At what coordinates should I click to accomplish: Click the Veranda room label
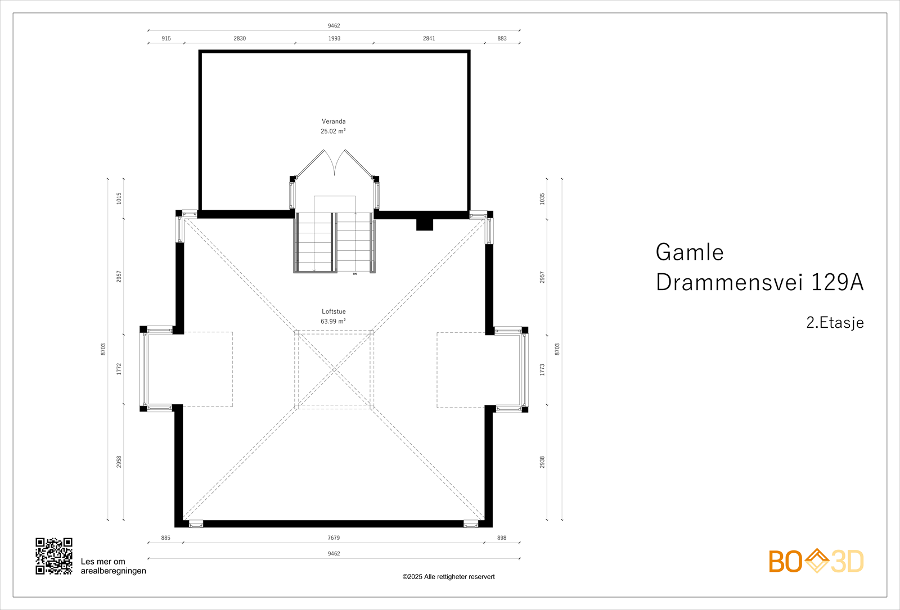(334, 121)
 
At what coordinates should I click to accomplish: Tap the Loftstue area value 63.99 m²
(333, 322)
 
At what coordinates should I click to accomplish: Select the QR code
(54, 556)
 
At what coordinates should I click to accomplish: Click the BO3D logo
(816, 561)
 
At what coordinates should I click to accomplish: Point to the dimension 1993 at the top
(334, 39)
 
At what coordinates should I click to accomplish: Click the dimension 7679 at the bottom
(334, 538)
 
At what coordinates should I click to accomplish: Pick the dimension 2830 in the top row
(240, 39)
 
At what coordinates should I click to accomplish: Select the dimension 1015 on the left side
(119, 198)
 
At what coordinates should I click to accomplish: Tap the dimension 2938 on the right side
(542, 462)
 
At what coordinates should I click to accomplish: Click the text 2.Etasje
(835, 323)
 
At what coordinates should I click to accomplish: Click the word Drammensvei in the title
(730, 282)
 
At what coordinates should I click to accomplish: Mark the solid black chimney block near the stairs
(425, 224)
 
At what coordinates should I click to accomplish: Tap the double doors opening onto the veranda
(335, 163)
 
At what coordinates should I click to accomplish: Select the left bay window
(145, 369)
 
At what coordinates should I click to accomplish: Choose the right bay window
(524, 369)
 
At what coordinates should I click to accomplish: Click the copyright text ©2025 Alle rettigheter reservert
(448, 577)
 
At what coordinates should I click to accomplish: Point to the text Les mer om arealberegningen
(113, 566)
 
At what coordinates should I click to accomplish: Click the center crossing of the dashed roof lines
(334, 369)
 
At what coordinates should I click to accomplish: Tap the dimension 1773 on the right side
(542, 369)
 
